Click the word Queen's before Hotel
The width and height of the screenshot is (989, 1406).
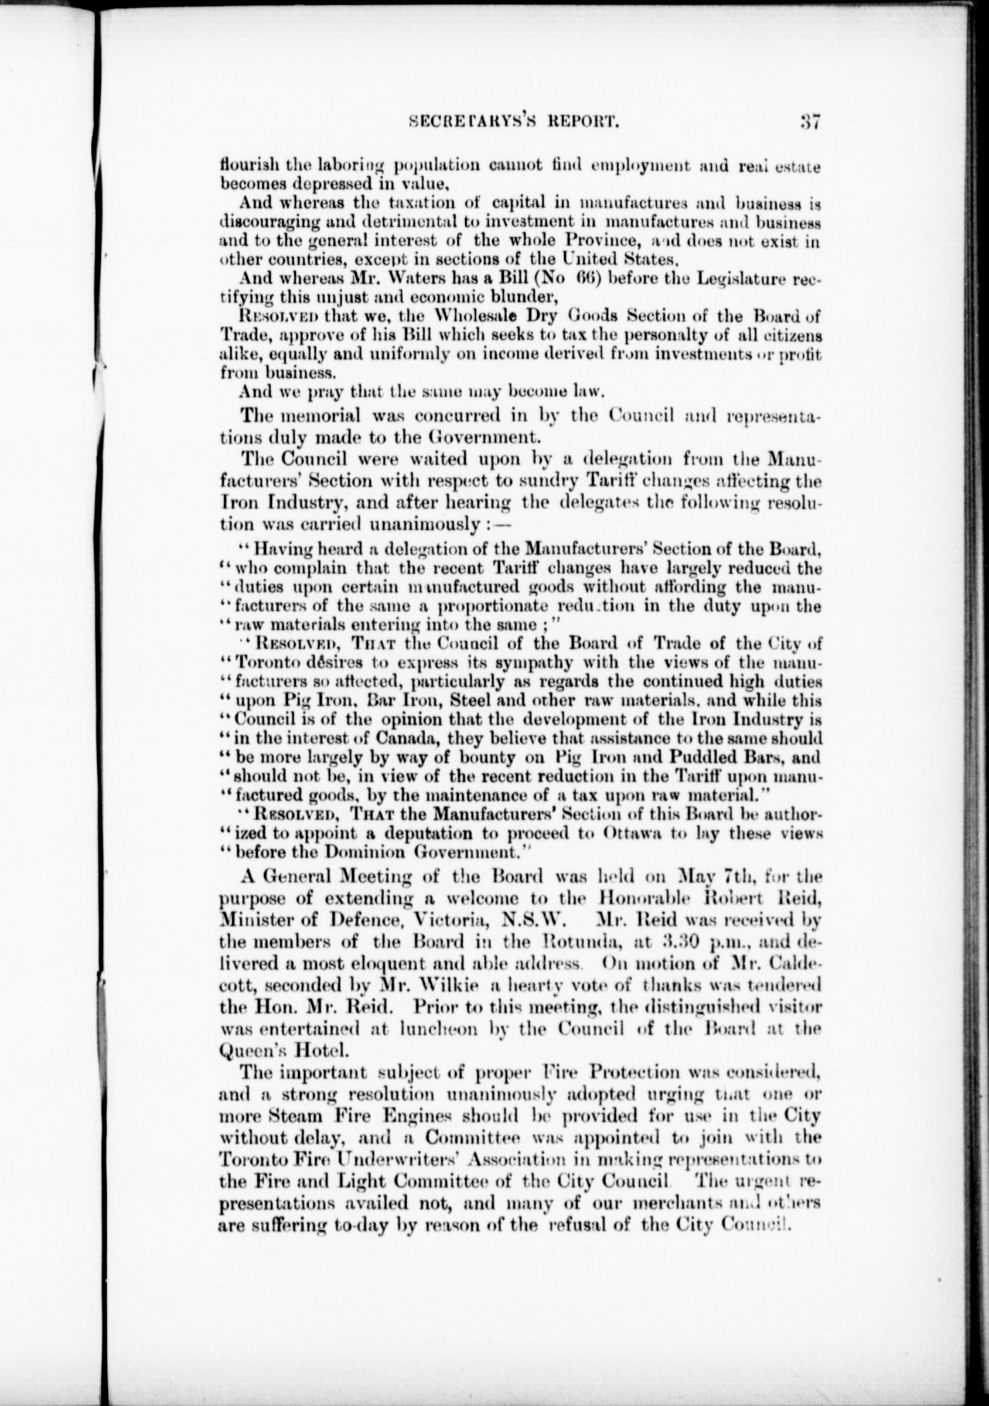tap(254, 1052)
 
